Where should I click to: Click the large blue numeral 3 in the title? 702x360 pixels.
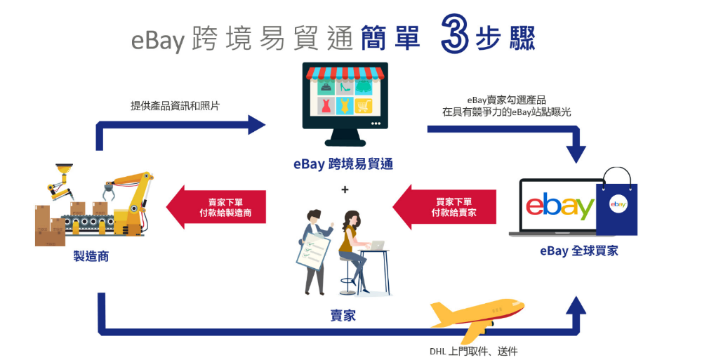coord(455,33)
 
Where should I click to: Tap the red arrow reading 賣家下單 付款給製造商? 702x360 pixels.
coord(216,207)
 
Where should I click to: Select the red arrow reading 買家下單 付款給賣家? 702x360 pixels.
coord(444,207)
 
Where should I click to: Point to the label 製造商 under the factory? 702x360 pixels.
coord(91,256)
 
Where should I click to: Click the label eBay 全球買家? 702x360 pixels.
coord(579,251)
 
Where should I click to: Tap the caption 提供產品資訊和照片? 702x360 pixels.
coord(175,106)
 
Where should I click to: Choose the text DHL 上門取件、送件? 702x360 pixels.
coord(474,352)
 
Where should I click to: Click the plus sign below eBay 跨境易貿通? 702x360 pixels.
coord(345,189)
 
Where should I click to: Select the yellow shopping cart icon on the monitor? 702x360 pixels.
coord(364,106)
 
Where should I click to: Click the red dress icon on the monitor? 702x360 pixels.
coord(326,106)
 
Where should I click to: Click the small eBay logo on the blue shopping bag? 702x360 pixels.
coord(618,204)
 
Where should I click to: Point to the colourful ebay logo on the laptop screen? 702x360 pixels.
coord(560,206)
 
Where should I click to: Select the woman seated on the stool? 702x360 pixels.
coord(354,251)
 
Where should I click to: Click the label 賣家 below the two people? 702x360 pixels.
coord(343,315)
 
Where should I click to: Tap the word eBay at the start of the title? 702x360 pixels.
coord(158,39)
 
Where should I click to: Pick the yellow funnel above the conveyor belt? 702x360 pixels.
coord(64,170)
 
